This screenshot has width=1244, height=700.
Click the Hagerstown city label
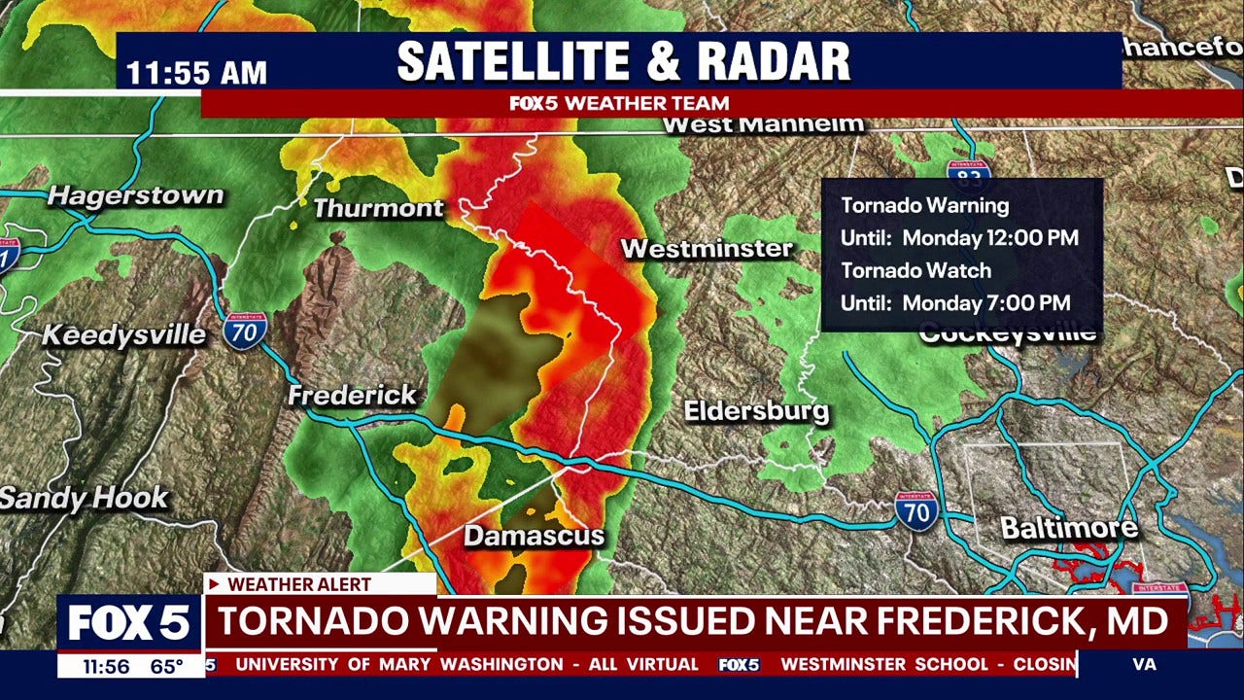coord(136,195)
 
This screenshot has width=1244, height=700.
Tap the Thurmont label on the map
coord(378,208)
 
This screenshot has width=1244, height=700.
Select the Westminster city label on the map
coord(708,249)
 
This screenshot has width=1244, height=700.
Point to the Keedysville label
coord(123,335)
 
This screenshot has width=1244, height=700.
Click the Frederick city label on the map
coord(353,396)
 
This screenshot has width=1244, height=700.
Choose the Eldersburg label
coord(757,411)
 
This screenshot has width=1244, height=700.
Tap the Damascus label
coord(534,536)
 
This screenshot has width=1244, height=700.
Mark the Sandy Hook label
coord(85,499)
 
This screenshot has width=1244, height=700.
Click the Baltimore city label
coord(1069,529)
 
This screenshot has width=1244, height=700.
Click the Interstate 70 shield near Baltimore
coord(916,510)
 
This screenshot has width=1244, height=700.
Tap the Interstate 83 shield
coord(968,174)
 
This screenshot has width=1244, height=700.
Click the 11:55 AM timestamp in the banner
coord(197,74)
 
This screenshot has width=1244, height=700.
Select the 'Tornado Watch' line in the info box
coord(916,270)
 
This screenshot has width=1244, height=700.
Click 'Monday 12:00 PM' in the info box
coord(990,238)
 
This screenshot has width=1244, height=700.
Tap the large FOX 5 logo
coord(129,624)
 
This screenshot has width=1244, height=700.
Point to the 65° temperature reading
coord(166,666)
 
